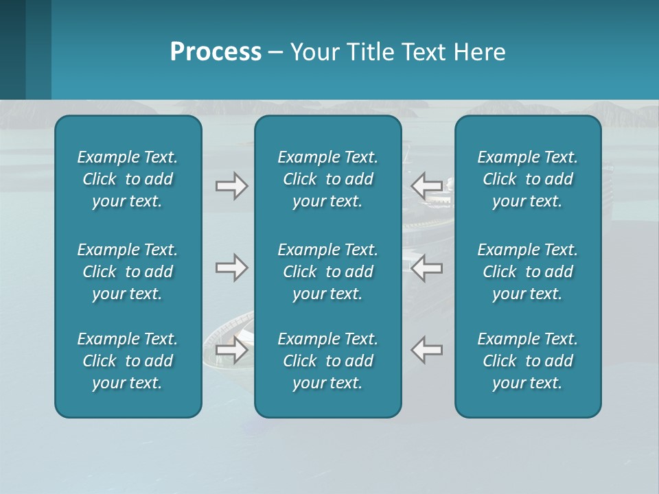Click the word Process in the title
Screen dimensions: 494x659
pos(216,51)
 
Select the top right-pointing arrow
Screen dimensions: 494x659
pos(231,186)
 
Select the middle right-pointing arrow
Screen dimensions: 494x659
pos(231,268)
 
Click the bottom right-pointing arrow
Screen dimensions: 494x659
pos(231,350)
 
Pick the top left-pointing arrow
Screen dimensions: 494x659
pos(426,186)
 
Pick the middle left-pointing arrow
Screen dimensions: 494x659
pos(426,268)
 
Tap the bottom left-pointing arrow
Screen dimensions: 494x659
pos(426,350)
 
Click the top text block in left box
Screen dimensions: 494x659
pos(128,179)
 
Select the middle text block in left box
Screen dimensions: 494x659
pos(128,272)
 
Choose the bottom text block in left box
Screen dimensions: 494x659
pos(128,361)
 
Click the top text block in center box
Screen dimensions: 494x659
pos(327,179)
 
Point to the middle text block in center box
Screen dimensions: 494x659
pos(327,272)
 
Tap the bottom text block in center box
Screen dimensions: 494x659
pos(327,361)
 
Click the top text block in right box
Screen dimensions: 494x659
pos(527,179)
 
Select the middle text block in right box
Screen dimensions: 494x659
pos(527,272)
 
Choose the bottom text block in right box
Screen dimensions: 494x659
pos(527,361)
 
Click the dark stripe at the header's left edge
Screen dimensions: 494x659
pos(12,49)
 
